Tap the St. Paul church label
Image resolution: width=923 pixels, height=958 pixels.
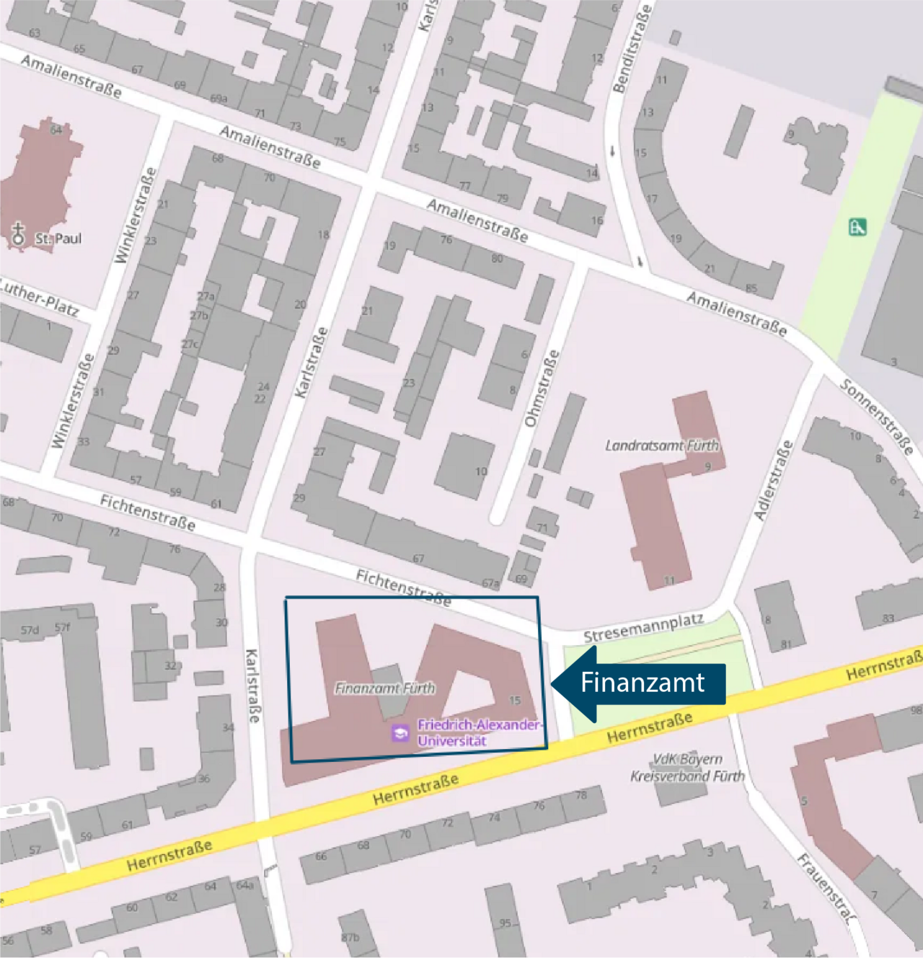[x=58, y=239]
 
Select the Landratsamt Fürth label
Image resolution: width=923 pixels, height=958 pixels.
[x=662, y=445]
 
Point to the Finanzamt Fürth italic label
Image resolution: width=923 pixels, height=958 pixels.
[x=385, y=688]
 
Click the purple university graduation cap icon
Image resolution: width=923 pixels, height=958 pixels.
[x=399, y=733]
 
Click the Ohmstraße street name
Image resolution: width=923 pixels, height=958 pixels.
[x=542, y=388]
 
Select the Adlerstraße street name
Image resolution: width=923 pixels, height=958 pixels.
[x=773, y=480]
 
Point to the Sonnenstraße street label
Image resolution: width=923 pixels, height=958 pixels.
[x=877, y=417]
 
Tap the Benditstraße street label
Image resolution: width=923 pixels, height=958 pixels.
[x=632, y=49]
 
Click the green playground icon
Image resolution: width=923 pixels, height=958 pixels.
[x=857, y=227]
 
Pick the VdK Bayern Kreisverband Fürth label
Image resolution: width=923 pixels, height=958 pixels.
[x=687, y=768]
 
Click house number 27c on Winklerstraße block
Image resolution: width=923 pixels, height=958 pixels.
[x=190, y=345]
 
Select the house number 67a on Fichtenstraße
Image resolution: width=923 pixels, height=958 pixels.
[x=490, y=583]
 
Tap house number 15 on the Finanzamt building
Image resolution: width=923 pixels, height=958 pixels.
[x=514, y=700]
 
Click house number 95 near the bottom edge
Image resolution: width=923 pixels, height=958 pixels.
[x=505, y=923]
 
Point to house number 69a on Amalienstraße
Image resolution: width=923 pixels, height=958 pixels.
[x=218, y=99]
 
